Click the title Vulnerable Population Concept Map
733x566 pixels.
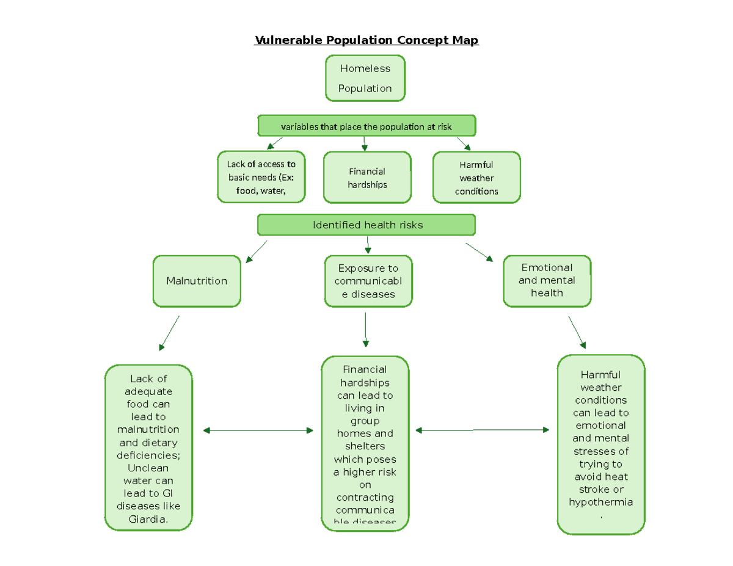366,40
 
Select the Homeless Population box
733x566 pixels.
365,78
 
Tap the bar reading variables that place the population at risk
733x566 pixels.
366,126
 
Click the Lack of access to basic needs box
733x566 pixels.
261,177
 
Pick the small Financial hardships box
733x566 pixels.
367,178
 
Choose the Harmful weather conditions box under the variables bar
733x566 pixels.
476,178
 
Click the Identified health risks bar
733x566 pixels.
366,225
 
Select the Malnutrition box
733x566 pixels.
197,281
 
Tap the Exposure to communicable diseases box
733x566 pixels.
368,281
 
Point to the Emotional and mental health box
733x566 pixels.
547,280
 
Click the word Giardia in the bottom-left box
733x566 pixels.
148,520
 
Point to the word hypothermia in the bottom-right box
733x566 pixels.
600,502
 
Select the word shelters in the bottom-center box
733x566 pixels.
365,446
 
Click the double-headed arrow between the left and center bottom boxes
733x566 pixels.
258,430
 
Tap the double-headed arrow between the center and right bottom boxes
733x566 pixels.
482,430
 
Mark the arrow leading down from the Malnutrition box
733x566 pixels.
169,333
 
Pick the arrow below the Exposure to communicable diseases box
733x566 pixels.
365,330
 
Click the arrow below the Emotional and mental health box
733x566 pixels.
577,332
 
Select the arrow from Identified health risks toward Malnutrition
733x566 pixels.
257,252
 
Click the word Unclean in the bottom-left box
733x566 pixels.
148,468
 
